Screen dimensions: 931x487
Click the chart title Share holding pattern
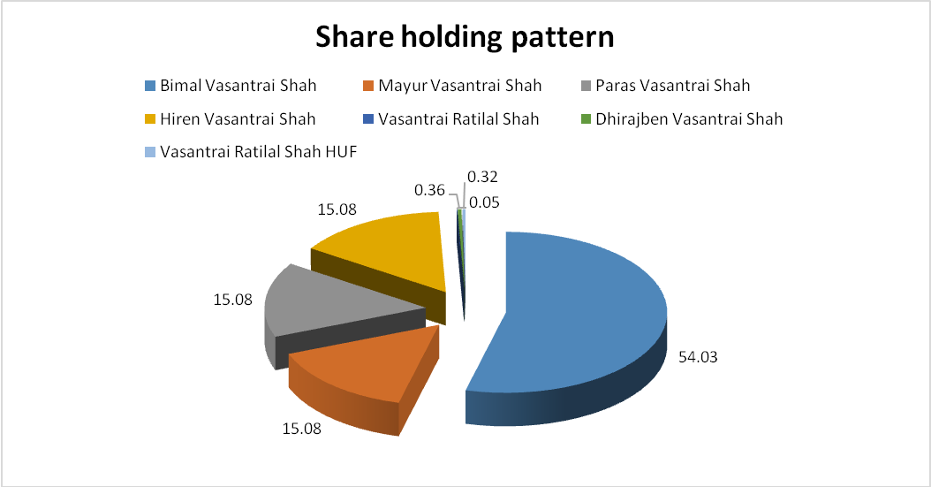click(x=465, y=37)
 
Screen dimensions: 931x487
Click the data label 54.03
click(x=698, y=357)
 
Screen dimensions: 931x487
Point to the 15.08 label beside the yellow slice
click(x=337, y=209)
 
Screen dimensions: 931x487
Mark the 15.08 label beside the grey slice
click(x=233, y=300)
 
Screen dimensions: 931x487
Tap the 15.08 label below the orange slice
click(x=301, y=428)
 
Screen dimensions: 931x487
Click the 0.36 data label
click(x=429, y=190)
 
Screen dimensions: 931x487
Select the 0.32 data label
click(x=482, y=177)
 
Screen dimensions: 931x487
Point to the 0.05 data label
click(x=485, y=202)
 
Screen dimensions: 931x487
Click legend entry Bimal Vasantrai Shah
click(x=238, y=86)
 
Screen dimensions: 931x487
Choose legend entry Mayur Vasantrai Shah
click(x=460, y=86)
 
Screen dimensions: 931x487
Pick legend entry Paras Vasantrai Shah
click(x=673, y=86)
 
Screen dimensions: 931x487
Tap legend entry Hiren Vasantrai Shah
click(x=238, y=118)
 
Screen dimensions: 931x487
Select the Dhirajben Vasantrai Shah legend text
click(x=689, y=119)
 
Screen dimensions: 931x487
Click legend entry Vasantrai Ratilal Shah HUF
click(x=258, y=152)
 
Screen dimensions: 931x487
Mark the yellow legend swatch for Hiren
click(x=150, y=119)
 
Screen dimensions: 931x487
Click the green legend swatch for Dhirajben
click(x=586, y=119)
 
